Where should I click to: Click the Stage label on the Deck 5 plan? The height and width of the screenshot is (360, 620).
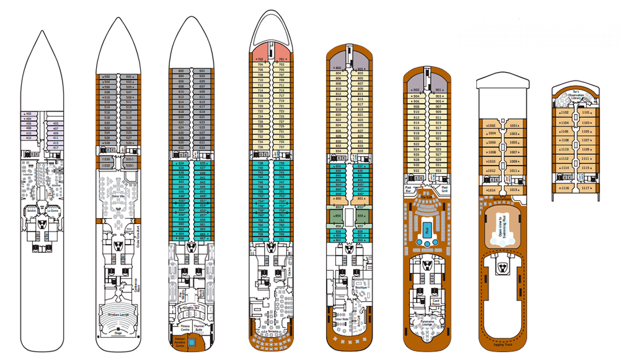tap(118, 333)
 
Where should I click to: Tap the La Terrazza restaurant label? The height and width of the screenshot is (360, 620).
tap(271, 333)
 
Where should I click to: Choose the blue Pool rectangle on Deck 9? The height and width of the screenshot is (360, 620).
tap(428, 230)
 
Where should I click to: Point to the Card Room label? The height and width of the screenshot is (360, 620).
tap(436, 302)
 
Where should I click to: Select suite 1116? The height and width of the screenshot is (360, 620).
tap(565, 188)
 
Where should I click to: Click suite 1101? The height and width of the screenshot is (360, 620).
tap(586, 113)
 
